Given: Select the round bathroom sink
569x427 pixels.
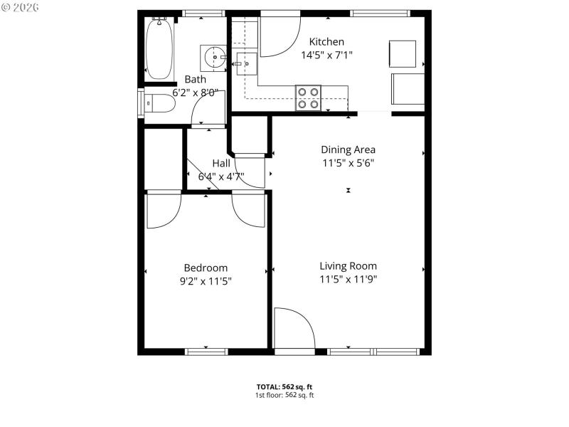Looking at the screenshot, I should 213,55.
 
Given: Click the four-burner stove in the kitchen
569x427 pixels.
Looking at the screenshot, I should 308,97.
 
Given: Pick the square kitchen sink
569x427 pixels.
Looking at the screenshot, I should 247,63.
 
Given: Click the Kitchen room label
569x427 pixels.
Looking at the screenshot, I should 327,42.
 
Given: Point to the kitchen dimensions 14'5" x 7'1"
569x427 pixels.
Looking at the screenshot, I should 327,54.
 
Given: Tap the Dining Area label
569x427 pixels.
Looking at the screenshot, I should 348,149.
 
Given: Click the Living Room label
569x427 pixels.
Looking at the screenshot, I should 348,266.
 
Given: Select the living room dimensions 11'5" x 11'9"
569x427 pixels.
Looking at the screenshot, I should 348,279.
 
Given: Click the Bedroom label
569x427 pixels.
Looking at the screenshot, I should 206,268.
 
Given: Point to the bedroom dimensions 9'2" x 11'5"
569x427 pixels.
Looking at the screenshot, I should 206,280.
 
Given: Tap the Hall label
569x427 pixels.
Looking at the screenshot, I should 220,163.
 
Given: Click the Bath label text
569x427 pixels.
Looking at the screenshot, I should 196,79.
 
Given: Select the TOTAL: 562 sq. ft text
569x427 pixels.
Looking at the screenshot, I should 284,386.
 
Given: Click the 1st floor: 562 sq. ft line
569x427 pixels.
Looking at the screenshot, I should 284,394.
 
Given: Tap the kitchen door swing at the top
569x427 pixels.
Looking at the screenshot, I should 279,36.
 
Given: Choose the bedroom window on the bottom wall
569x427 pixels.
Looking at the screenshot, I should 206,351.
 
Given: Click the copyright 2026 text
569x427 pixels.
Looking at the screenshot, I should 21,6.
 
